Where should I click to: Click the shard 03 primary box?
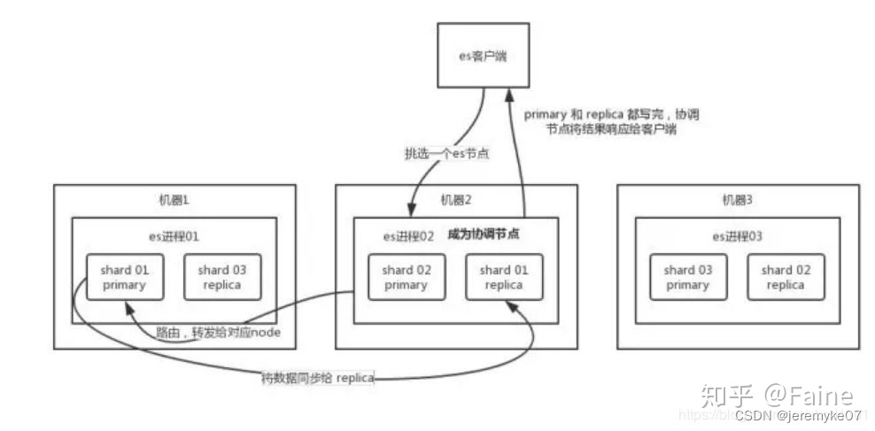point(687,277)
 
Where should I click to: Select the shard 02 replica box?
point(786,277)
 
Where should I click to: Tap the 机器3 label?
point(737,200)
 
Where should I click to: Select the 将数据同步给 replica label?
point(318,378)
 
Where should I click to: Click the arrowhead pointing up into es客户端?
point(507,93)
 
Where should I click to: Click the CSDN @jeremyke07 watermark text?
point(798,414)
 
